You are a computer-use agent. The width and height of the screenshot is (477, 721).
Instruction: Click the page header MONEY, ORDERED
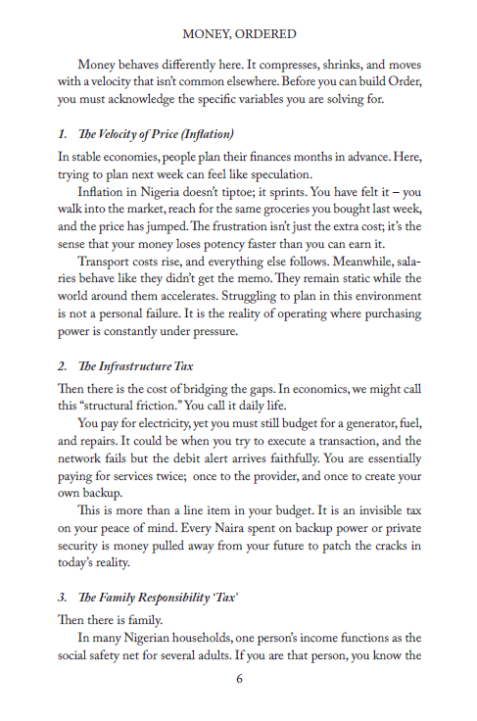click(239, 33)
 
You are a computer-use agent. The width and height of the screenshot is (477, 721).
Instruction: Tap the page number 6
click(239, 678)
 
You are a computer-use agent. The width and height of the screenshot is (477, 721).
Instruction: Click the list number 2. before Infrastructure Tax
click(62, 365)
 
